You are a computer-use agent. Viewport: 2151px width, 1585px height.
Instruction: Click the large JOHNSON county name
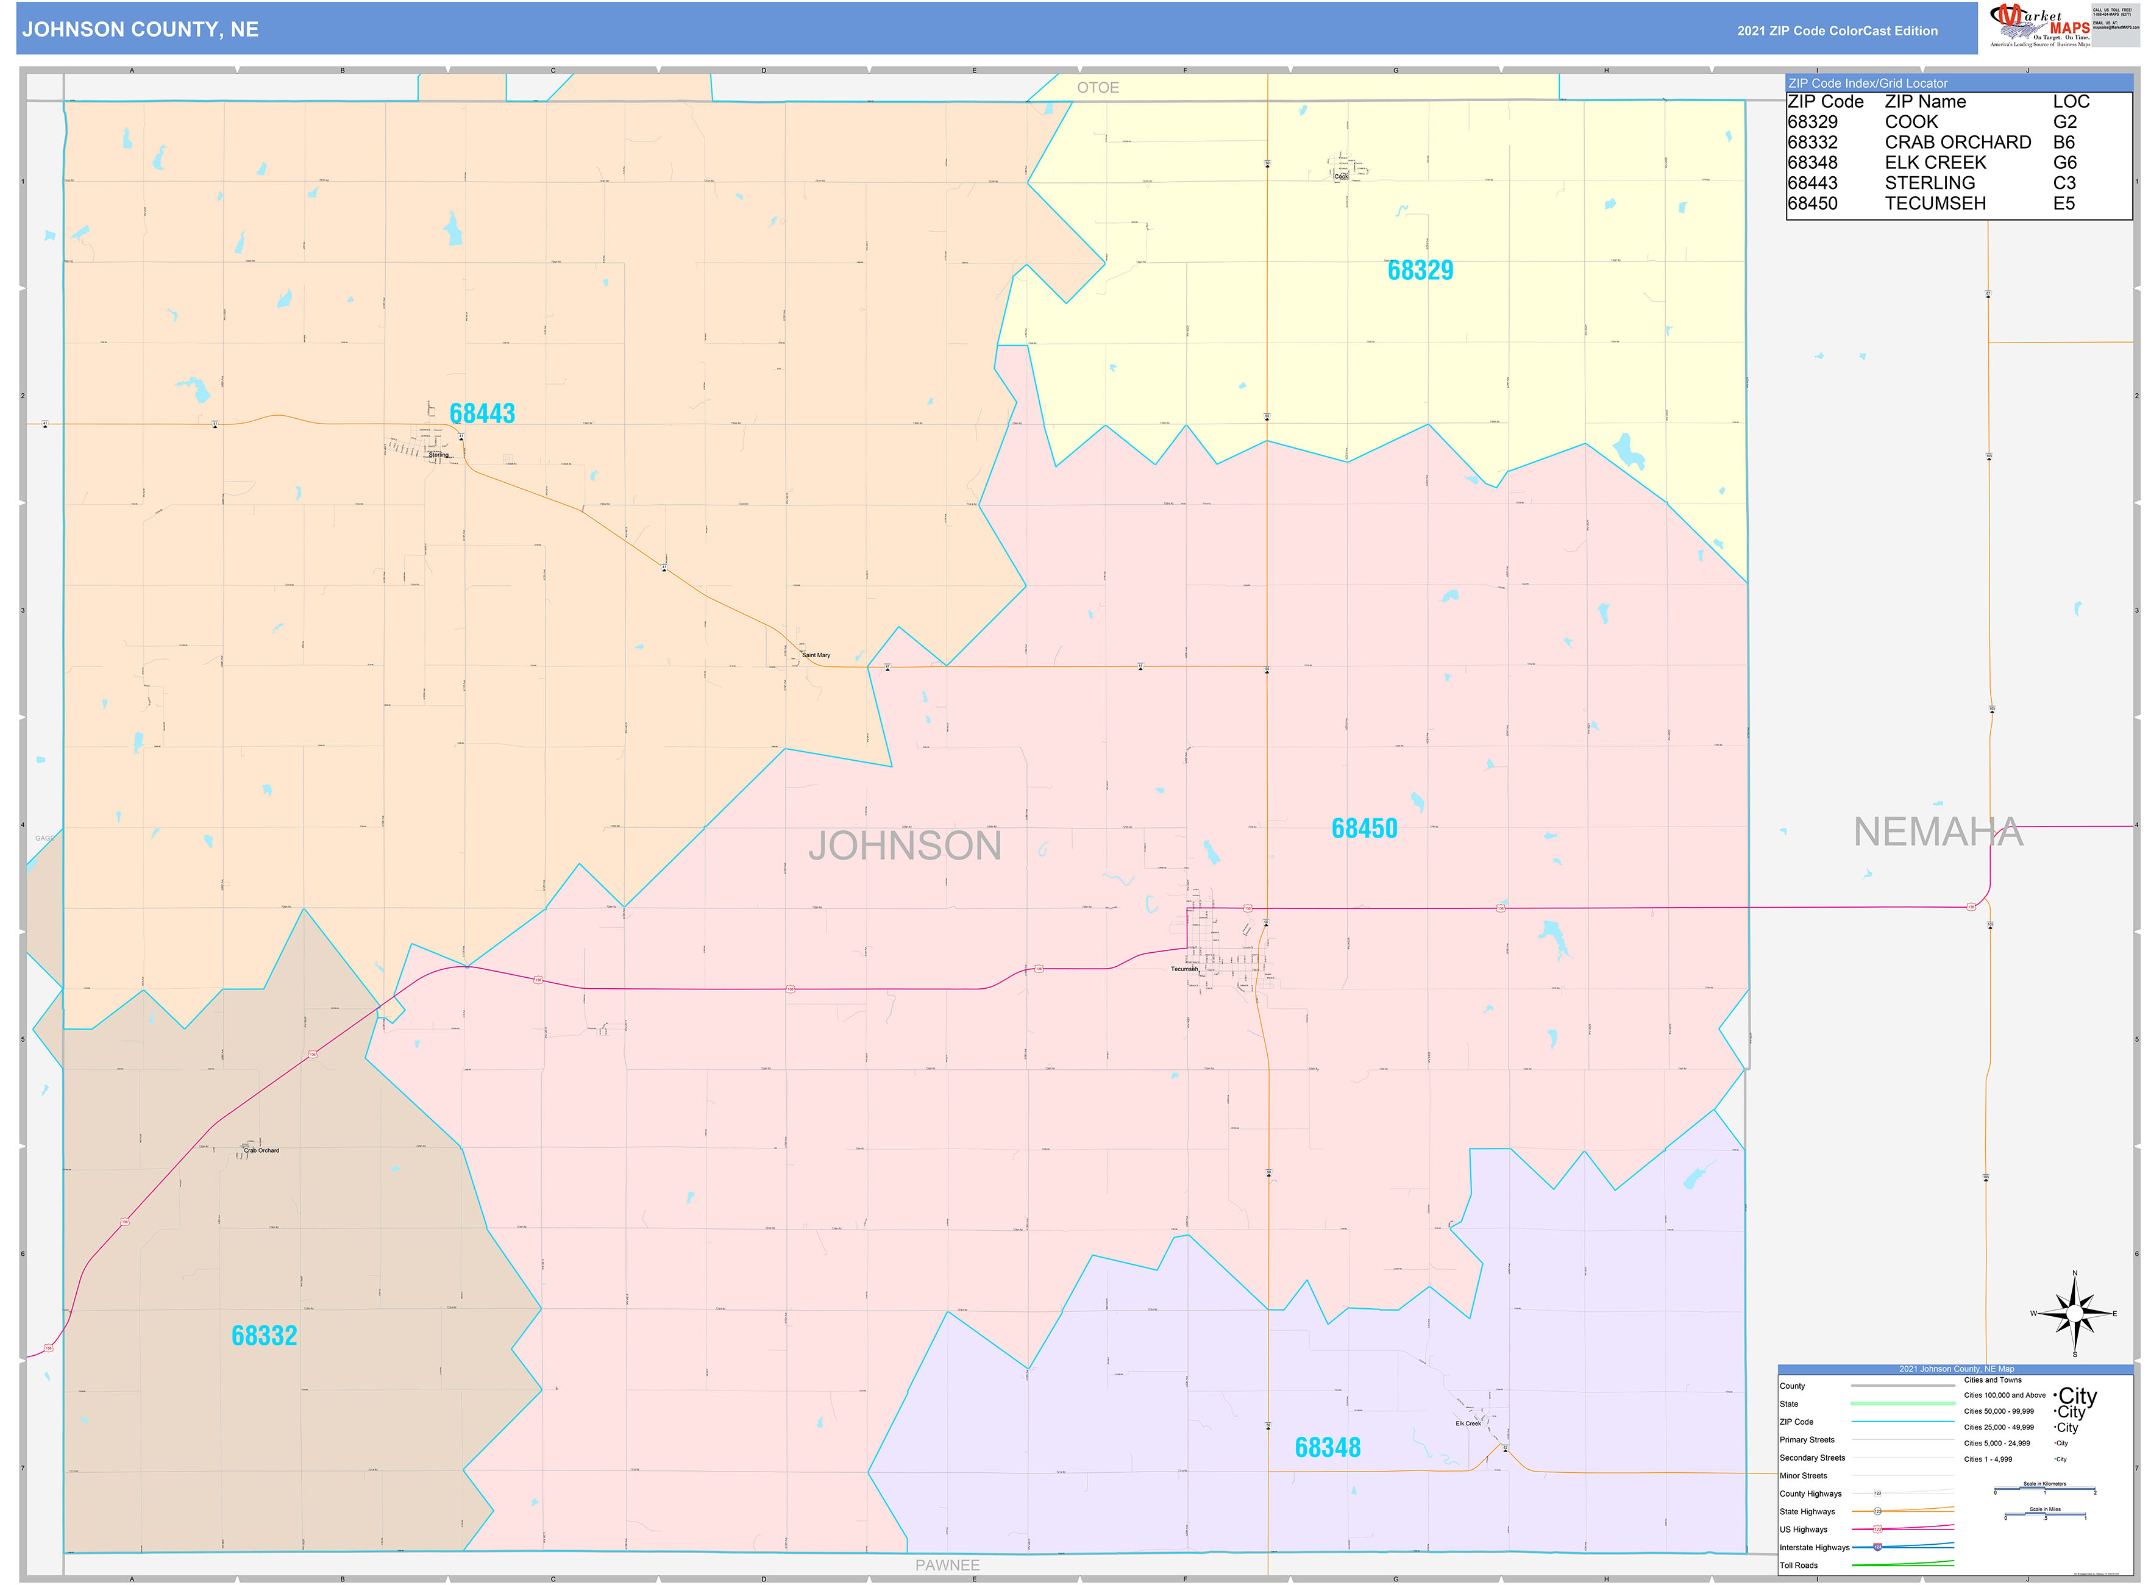click(904, 846)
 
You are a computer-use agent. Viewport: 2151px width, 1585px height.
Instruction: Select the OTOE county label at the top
click(1098, 87)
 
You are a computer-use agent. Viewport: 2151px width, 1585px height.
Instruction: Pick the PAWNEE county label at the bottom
click(947, 1565)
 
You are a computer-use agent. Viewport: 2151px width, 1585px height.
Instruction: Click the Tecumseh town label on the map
click(1184, 969)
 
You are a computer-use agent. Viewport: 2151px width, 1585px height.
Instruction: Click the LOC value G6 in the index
click(2064, 162)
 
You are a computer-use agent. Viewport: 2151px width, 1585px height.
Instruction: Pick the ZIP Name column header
click(1925, 102)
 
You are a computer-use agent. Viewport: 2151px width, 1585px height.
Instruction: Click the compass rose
click(2074, 1314)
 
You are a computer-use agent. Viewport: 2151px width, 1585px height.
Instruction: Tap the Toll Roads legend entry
click(1798, 1565)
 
